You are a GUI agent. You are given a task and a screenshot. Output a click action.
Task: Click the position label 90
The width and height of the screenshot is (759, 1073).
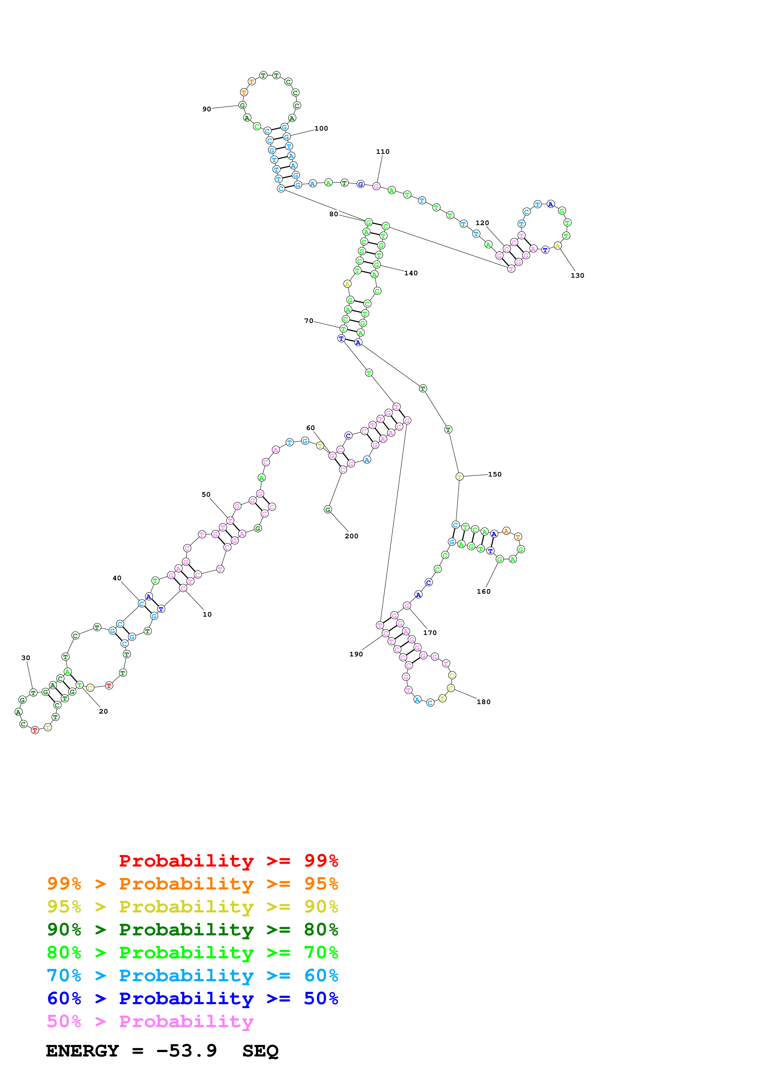(x=206, y=110)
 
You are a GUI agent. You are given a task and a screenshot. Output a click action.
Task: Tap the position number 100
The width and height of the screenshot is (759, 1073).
(x=321, y=128)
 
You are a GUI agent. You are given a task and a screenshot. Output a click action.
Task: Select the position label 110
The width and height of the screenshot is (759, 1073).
(x=382, y=152)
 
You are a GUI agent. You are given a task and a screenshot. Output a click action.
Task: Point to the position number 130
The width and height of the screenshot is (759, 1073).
(x=577, y=276)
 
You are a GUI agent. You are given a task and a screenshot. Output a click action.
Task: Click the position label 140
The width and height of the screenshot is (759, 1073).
(x=411, y=273)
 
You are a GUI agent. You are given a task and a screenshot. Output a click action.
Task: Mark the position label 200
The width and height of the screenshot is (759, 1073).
(x=351, y=536)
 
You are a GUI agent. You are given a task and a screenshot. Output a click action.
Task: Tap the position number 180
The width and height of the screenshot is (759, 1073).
(x=483, y=702)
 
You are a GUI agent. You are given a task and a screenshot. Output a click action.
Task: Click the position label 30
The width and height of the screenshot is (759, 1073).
(x=26, y=658)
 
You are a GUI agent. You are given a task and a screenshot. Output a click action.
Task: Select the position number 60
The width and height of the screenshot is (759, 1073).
(x=310, y=428)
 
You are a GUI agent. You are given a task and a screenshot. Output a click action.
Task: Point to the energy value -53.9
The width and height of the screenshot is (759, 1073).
(x=186, y=1051)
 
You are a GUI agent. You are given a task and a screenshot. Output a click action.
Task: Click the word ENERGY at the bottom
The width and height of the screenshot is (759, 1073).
(x=82, y=1051)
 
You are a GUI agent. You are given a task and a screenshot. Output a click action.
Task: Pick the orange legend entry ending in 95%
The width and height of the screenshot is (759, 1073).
(x=192, y=884)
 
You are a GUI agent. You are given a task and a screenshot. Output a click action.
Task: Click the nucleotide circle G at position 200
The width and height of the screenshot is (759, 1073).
(x=328, y=509)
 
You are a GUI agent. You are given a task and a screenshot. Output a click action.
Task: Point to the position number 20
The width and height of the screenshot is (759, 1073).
(x=103, y=711)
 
